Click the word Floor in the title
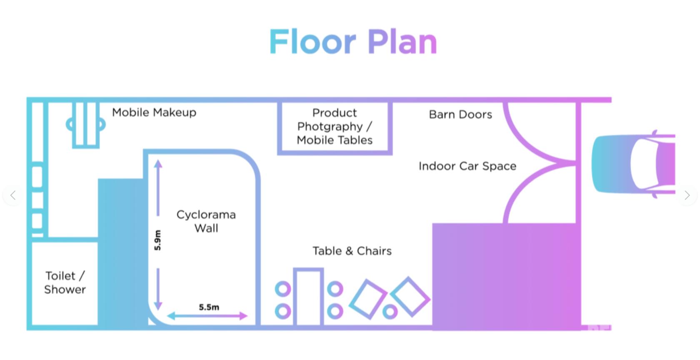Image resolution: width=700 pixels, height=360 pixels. pos(312,42)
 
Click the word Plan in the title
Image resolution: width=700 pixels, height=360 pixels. pos(402,42)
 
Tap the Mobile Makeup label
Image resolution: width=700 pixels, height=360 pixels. pos(154,112)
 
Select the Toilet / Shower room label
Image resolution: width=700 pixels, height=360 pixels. pos(65,282)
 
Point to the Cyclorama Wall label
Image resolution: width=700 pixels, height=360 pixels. pos(206,221)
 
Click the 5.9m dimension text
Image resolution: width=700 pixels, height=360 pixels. pos(157,240)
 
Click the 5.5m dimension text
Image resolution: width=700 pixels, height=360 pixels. pos(209,307)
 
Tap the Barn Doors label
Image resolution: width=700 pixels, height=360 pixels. pos(460,114)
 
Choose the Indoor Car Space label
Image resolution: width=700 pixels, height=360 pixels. pos(467,166)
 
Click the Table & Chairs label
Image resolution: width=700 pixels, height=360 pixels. pos(352,251)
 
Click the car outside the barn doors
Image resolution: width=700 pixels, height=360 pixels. pos(633,164)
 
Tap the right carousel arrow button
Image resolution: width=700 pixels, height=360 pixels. pos(687,195)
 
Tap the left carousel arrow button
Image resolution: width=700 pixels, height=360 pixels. pos(13,195)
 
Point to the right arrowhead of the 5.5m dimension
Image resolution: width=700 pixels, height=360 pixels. pos(243,316)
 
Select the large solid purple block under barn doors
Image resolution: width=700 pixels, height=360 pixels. pos(506,277)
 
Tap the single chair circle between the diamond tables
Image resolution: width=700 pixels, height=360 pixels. pos(390,311)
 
